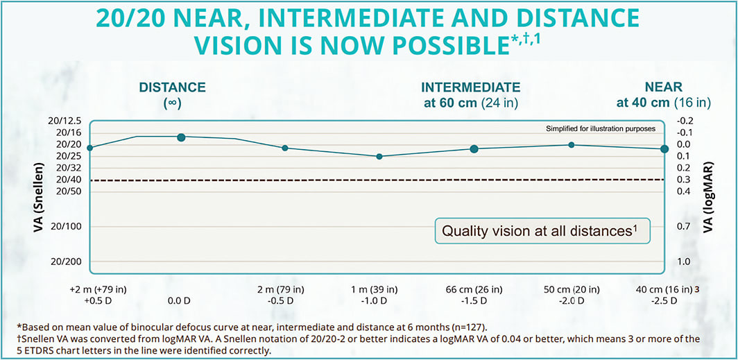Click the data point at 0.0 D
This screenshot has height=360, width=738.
click(181, 137)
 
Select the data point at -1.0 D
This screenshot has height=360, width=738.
click(379, 157)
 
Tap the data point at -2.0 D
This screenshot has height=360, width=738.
click(571, 145)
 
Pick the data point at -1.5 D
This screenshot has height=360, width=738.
click(474, 149)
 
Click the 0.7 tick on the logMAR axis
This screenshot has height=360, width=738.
click(683, 227)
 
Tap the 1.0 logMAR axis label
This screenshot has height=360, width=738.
click(683, 262)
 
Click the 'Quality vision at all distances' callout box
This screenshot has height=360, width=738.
click(542, 231)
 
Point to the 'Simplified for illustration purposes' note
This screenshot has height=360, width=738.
click(601, 129)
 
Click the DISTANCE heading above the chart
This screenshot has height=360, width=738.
click(172, 87)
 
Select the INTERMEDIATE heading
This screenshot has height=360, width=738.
click(470, 87)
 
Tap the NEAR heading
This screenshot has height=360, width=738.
click(663, 87)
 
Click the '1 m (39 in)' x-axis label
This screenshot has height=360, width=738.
click(379, 289)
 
